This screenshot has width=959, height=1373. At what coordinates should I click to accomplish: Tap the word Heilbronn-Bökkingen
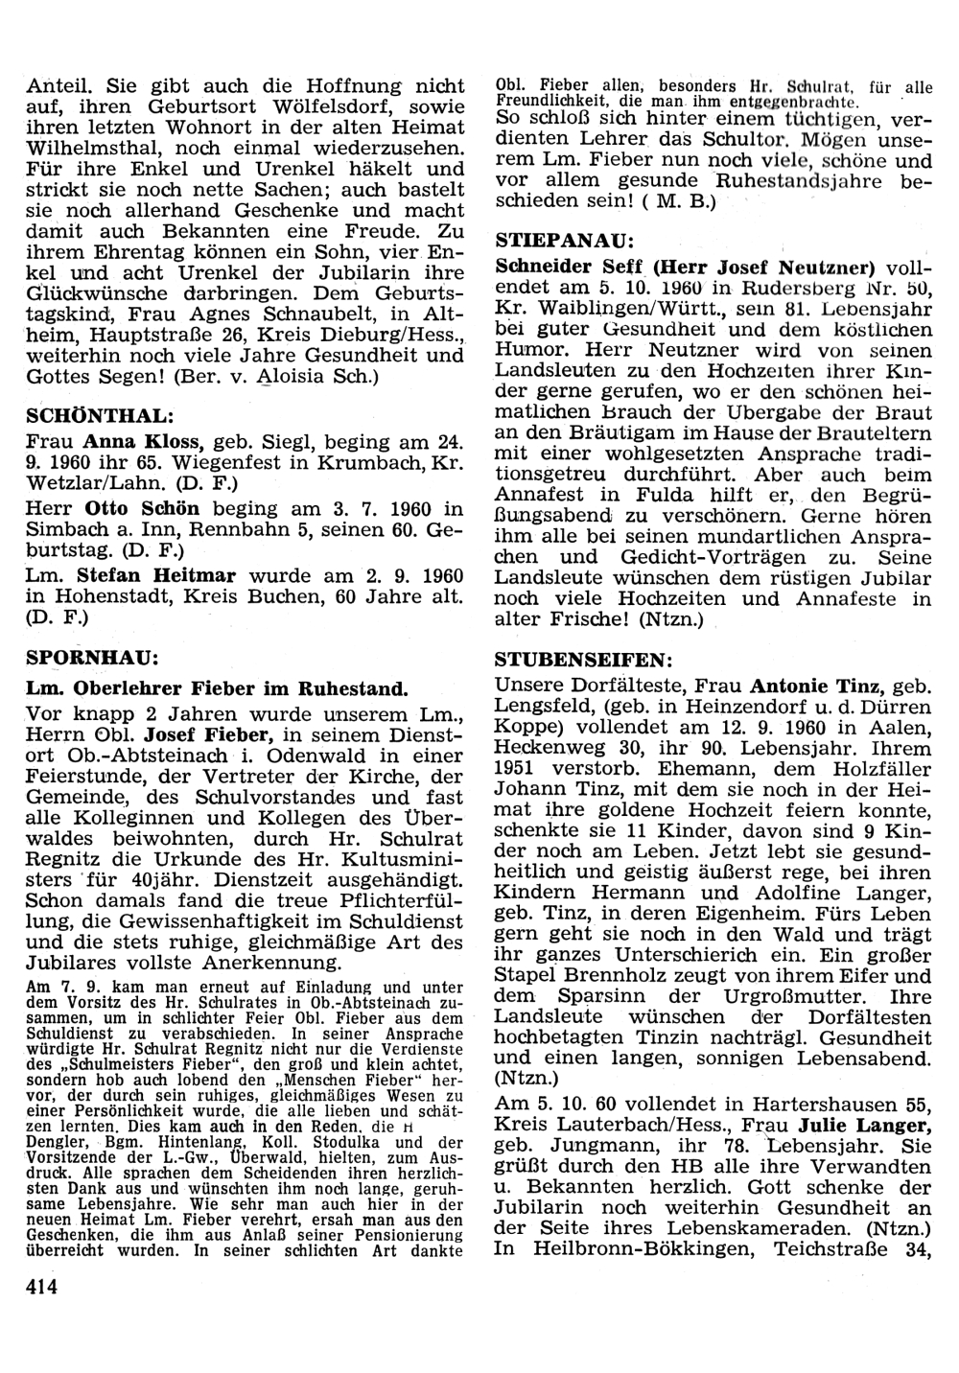tap(627, 1249)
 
